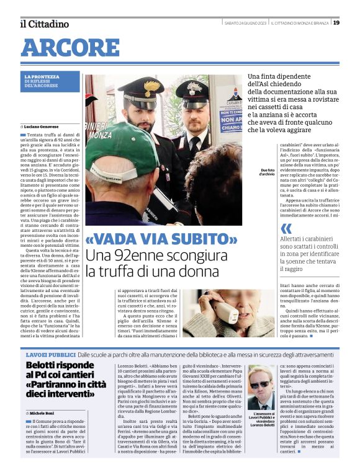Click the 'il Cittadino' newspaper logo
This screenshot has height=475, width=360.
pyautogui.click(x=44, y=24)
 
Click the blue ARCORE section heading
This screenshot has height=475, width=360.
pyautogui.click(x=70, y=47)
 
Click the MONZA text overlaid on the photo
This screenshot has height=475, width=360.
pyautogui.click(x=100, y=135)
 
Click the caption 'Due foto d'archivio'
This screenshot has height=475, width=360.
pyautogui.click(x=267, y=172)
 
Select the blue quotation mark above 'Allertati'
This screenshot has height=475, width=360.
pyautogui.click(x=268, y=229)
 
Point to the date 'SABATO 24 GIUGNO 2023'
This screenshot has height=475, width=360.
pyautogui.click(x=245, y=23)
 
